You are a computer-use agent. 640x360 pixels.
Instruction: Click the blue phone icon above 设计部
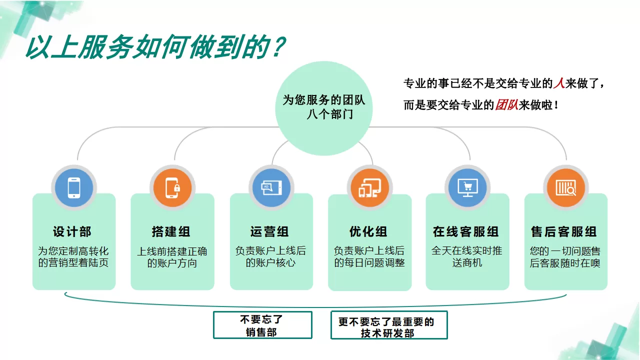point(74,188)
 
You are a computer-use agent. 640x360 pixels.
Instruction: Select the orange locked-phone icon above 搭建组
point(172,188)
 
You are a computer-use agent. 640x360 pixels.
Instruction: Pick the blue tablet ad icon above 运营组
point(271,188)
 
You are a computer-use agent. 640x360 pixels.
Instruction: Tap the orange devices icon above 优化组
point(369,188)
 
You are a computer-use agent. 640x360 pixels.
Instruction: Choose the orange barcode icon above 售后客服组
point(565,188)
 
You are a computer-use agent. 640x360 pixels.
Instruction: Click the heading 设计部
point(72,232)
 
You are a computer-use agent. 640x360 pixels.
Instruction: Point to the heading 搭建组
point(171,232)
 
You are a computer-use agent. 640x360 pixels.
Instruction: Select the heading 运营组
point(270,232)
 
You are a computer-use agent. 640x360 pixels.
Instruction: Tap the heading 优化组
point(368,232)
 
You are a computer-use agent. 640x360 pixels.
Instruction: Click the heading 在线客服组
point(466,232)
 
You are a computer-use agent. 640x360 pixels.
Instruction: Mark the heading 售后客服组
point(564,232)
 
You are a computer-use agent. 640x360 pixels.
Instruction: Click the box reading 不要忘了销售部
point(262,325)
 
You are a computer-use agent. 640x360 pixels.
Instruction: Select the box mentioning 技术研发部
point(389,325)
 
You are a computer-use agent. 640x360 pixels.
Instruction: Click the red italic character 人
point(558,83)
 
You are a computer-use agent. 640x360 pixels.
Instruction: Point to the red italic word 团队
point(506,105)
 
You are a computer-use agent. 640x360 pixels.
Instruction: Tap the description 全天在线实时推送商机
point(467,256)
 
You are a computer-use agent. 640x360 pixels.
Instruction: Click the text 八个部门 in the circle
point(330,114)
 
